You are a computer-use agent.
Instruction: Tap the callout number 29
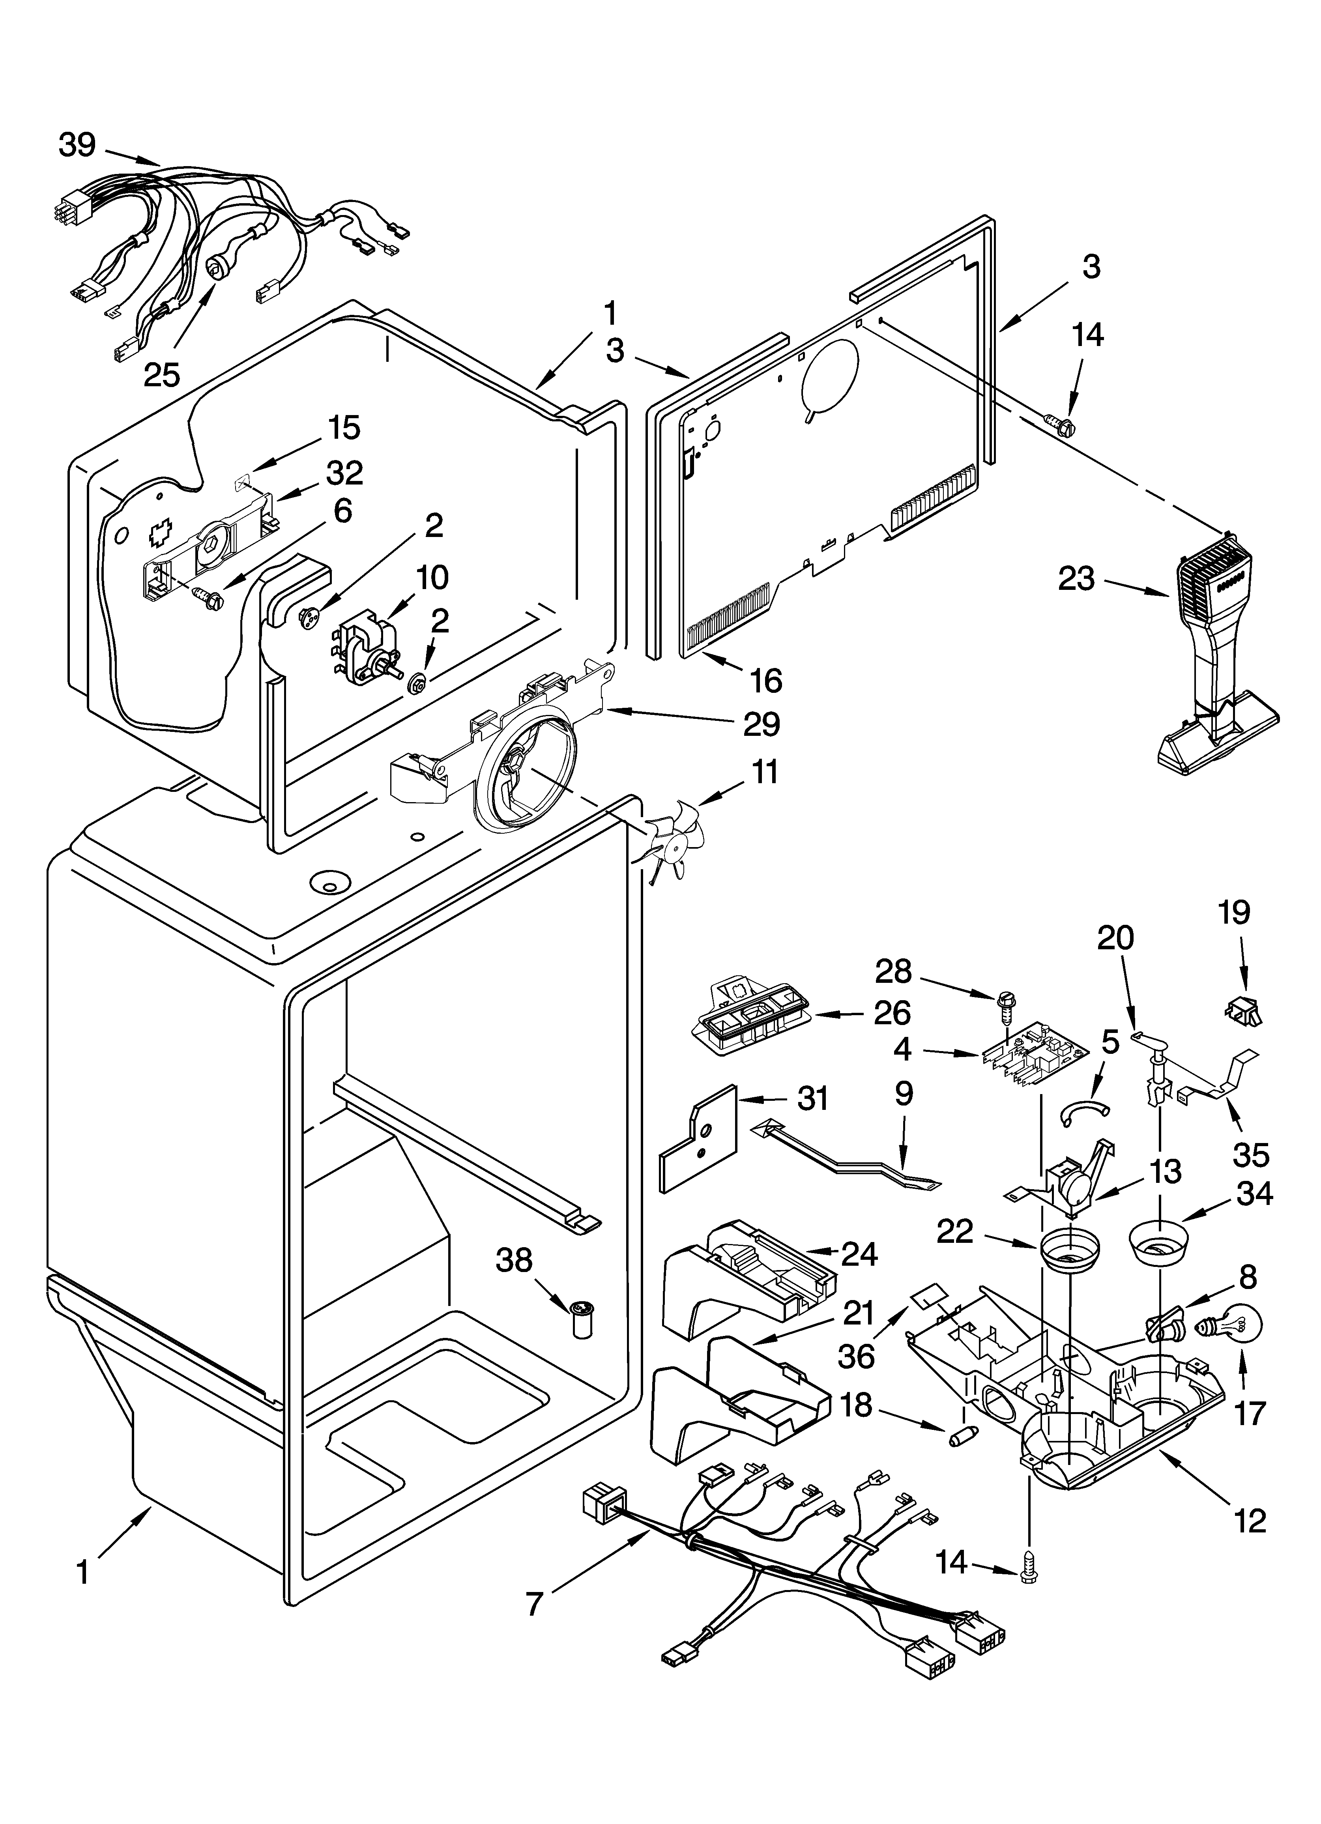pos(761,725)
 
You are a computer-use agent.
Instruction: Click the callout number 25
pos(162,374)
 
